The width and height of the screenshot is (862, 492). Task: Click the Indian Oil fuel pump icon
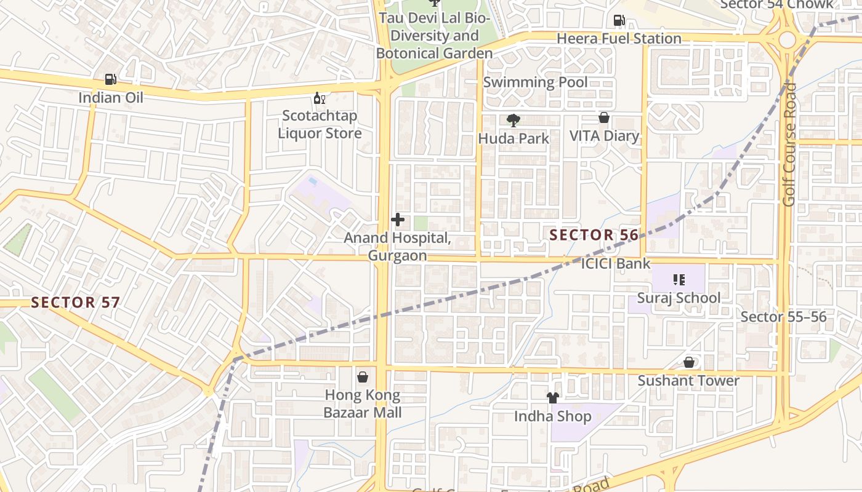pyautogui.click(x=110, y=79)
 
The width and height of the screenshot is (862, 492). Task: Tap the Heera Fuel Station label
pyautogui.click(x=619, y=38)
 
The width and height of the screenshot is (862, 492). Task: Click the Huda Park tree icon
pyautogui.click(x=512, y=121)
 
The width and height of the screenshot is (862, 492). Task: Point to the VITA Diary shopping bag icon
pyautogui.click(x=604, y=117)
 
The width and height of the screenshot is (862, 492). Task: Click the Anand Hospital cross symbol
pyautogui.click(x=398, y=219)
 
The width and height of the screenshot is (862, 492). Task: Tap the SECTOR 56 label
pyautogui.click(x=594, y=235)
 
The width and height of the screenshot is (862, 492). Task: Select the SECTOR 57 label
pyautogui.click(x=75, y=302)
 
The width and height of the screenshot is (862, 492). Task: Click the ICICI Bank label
pyautogui.click(x=616, y=264)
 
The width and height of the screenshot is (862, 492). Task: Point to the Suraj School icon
pyautogui.click(x=679, y=280)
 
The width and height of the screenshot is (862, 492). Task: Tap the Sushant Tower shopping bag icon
pyautogui.click(x=688, y=363)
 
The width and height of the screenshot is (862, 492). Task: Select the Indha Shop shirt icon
pyautogui.click(x=552, y=398)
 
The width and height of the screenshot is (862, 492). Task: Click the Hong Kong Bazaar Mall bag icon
pyautogui.click(x=363, y=376)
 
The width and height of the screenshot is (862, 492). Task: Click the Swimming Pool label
pyautogui.click(x=535, y=82)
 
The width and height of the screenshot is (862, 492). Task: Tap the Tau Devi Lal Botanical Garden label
pyautogui.click(x=434, y=36)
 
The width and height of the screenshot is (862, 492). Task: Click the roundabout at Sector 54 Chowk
pyautogui.click(x=787, y=40)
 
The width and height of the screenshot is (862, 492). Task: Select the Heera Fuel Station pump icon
pyautogui.click(x=619, y=20)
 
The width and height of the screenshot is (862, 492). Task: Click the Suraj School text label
pyautogui.click(x=679, y=298)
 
